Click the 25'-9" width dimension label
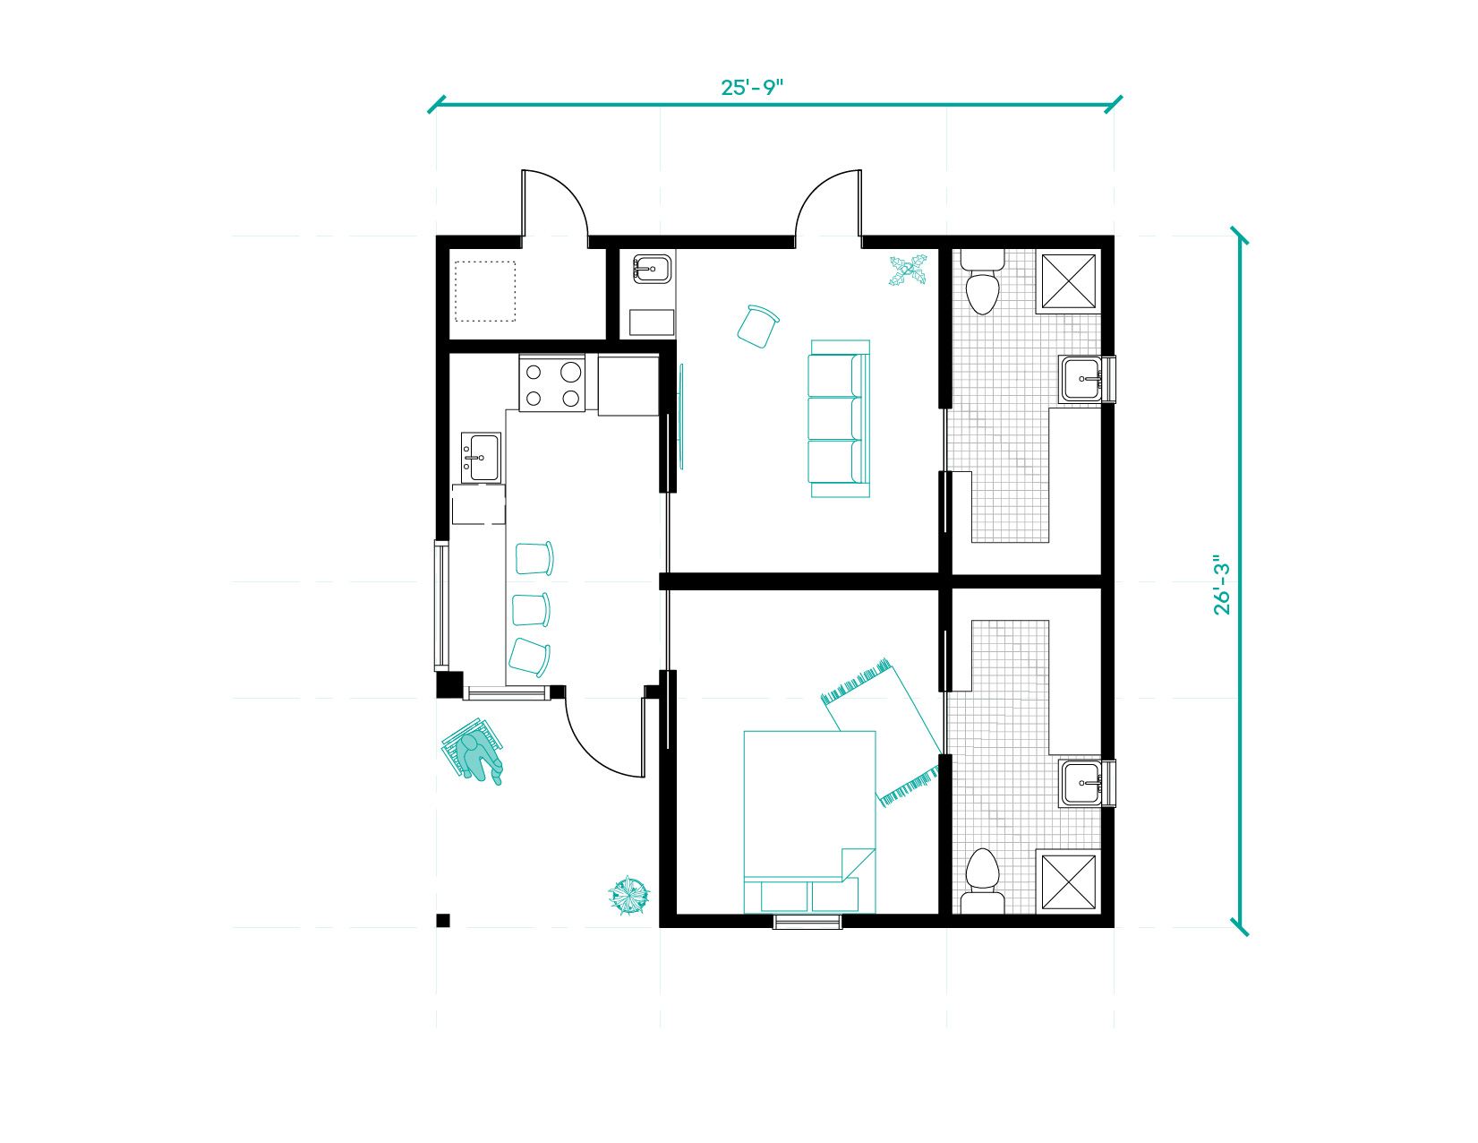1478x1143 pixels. coord(752,88)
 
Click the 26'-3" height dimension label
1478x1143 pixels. coord(1222,585)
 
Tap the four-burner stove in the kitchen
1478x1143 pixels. coord(551,383)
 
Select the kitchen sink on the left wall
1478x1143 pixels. coord(481,457)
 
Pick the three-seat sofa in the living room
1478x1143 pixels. coord(840,418)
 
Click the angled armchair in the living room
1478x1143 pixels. coord(757,327)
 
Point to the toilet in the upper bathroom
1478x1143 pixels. coord(982,281)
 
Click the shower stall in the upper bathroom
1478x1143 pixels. coord(1069,281)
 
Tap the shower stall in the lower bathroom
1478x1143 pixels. coord(1069,881)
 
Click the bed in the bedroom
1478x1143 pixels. coord(809,822)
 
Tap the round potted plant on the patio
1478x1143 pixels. coord(628,896)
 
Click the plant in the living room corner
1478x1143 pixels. coord(908,271)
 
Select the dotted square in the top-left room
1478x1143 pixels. coord(485,291)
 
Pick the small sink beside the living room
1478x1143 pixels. coord(652,269)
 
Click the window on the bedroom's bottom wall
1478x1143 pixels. coord(807,922)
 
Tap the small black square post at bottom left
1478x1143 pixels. coord(443,921)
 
